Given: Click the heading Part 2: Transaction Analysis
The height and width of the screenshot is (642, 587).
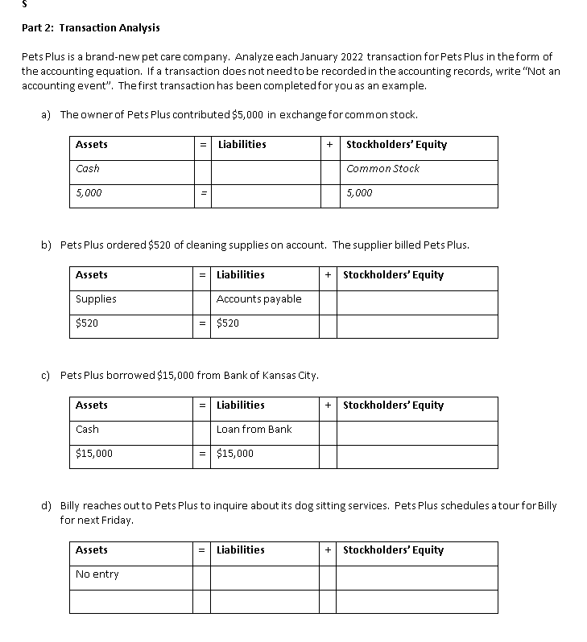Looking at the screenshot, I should (90, 27).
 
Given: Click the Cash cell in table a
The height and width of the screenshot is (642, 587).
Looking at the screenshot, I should (88, 169).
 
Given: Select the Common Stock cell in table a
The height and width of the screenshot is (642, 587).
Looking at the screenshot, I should (382, 169).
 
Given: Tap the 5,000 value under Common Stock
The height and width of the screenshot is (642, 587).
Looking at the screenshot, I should (359, 193).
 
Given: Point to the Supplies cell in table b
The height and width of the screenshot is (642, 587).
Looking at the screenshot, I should (96, 299).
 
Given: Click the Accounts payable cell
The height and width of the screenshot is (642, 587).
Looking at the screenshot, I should (258, 299).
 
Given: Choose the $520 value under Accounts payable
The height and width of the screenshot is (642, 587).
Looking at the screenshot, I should (229, 323).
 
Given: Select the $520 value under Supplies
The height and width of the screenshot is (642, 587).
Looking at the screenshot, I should (87, 323).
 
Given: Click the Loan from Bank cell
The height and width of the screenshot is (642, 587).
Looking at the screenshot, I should (254, 430).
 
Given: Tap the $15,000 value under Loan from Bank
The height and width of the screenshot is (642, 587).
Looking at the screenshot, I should (235, 454).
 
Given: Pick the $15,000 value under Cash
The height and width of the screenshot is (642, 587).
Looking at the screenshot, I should (94, 454).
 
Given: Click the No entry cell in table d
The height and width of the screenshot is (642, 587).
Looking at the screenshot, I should (97, 574).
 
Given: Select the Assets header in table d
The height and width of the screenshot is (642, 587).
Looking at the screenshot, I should (91, 550).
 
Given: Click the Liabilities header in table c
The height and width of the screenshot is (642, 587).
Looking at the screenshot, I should (240, 405).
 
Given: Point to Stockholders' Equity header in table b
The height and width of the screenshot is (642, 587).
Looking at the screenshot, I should (393, 275).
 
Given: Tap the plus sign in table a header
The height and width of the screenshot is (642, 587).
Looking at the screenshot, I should (329, 145).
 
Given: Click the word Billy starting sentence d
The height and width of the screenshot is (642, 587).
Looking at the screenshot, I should (72, 506).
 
